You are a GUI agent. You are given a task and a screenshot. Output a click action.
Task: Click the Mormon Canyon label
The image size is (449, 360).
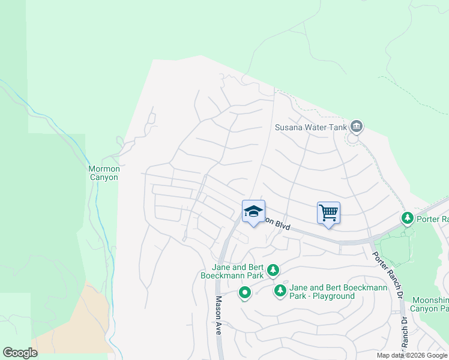point(104,173)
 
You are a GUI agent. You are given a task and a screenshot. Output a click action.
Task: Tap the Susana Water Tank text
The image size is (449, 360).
point(312,127)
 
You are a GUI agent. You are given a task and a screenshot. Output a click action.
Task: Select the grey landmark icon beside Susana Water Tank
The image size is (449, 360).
point(357,126)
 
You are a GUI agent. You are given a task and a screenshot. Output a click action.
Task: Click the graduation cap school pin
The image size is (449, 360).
point(253,211)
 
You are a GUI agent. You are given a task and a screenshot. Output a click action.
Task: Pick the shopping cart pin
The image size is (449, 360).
point(328,212)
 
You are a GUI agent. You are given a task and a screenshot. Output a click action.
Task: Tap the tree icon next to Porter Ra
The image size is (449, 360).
point(408,218)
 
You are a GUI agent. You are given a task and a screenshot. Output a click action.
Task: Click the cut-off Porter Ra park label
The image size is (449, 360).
point(433,219)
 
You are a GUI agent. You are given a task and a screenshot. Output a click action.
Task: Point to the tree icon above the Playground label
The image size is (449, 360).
point(273,271)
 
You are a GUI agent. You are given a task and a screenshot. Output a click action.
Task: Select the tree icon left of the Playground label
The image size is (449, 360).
point(280,291)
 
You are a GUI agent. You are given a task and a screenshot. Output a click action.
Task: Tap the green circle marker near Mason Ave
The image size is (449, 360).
point(244,293)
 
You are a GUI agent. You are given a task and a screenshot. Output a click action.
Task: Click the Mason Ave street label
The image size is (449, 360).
point(218,314)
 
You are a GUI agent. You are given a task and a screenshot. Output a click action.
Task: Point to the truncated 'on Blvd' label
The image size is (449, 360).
point(279,224)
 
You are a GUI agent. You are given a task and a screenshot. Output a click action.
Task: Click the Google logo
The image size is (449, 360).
point(20,352)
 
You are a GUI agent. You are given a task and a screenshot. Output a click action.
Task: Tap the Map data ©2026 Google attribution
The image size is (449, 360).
point(412,356)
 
